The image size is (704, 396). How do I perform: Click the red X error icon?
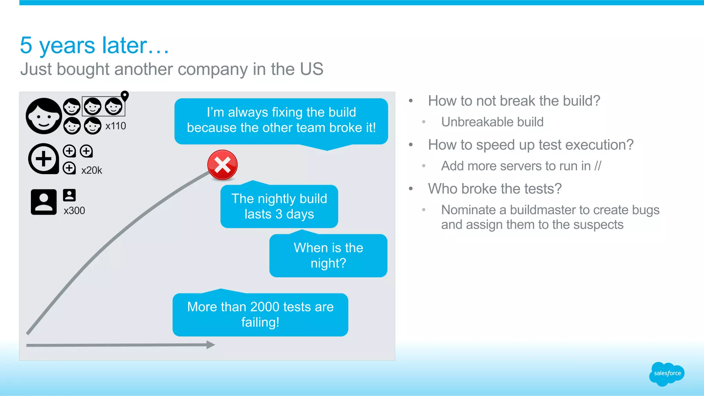click(222, 165)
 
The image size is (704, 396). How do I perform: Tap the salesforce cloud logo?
click(667, 374)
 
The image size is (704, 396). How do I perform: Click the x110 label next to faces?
click(115, 126)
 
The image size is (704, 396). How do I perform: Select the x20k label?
click(91, 170)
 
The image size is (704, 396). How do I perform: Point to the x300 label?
click(74, 211)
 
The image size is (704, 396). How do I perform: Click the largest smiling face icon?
click(44, 116)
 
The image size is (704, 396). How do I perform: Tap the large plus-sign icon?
click(44, 159)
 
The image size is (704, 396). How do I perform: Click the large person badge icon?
click(44, 202)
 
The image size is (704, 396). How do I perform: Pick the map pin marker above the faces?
click(125, 96)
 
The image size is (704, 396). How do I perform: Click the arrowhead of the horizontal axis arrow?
click(210, 345)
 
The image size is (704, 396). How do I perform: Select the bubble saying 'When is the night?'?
click(328, 256)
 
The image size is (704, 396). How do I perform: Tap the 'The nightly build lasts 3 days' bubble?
click(279, 206)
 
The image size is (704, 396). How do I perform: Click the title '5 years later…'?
click(95, 45)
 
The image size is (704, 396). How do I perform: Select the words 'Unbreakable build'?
click(492, 122)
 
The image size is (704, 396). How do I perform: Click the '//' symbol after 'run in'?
click(598, 166)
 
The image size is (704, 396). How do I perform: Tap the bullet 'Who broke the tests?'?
click(495, 189)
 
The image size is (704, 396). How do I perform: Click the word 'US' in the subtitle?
click(311, 69)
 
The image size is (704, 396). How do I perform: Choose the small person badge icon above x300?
click(69, 195)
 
